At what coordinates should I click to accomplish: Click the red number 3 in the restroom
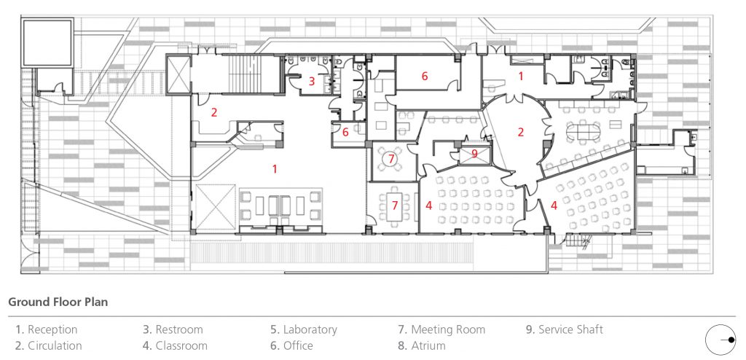[311, 82]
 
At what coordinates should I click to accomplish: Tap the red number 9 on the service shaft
[474, 153]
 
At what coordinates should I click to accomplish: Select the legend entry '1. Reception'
[47, 329]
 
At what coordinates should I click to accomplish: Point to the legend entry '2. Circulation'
[49, 345]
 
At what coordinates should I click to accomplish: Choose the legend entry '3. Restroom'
[173, 329]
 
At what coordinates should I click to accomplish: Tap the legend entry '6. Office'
[291, 345]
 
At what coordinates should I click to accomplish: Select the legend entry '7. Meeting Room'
[441, 329]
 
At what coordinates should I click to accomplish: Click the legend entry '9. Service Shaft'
[565, 329]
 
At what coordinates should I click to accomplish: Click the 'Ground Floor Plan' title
[58, 302]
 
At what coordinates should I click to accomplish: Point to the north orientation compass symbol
[721, 340]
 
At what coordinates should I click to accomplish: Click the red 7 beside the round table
[391, 157]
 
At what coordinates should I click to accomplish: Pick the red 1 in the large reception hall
[275, 168]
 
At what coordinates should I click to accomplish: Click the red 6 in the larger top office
[424, 75]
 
